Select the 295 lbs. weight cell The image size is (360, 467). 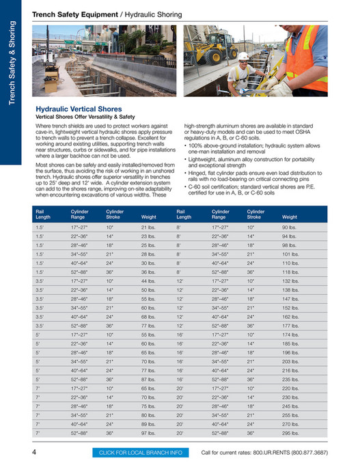[290, 432]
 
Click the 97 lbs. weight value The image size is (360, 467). [148, 432]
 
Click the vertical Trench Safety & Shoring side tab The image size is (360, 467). [12, 65]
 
